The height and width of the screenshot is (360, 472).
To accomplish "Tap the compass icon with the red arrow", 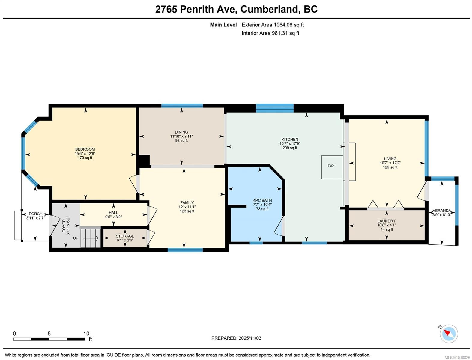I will (x=449, y=334).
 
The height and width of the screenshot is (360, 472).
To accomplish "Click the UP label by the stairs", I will (x=76, y=238).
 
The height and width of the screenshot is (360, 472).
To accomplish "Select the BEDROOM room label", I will (x=85, y=149).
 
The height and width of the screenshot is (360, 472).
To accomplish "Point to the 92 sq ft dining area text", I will (x=181, y=140).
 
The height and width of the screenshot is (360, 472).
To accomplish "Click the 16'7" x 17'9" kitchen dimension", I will (x=290, y=143).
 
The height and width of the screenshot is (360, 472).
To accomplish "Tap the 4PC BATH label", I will (x=262, y=200).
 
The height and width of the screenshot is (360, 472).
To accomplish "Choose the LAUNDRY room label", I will (x=386, y=221).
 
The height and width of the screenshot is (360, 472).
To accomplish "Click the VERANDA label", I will (x=441, y=211).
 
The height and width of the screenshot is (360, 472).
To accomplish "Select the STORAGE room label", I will (x=125, y=236).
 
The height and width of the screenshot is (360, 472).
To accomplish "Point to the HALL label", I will (x=113, y=212).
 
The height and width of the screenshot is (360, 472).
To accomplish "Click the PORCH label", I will (x=35, y=214).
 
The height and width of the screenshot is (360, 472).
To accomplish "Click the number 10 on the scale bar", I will (x=86, y=334).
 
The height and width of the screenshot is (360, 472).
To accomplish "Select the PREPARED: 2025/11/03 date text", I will (x=236, y=338).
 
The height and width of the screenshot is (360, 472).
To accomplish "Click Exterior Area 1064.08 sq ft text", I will (x=273, y=25).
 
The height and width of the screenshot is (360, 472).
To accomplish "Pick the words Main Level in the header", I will (x=223, y=25).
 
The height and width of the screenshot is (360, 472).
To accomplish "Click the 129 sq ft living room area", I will (x=390, y=167).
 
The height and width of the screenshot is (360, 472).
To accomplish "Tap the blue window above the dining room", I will (x=182, y=105).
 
